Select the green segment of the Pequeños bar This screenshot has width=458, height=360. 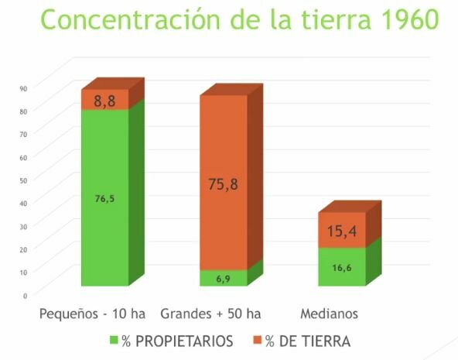pyautogui.click(x=104, y=225)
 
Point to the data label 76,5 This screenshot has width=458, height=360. pyautogui.click(x=104, y=199)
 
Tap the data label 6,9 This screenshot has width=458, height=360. pyautogui.click(x=224, y=278)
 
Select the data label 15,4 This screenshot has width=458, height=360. pyautogui.click(x=342, y=231)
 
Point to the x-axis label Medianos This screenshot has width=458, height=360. pyautogui.click(x=329, y=314)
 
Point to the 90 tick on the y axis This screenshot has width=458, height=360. pyautogui.click(x=24, y=87)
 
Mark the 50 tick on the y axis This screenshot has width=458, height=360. pyautogui.click(x=24, y=180)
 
